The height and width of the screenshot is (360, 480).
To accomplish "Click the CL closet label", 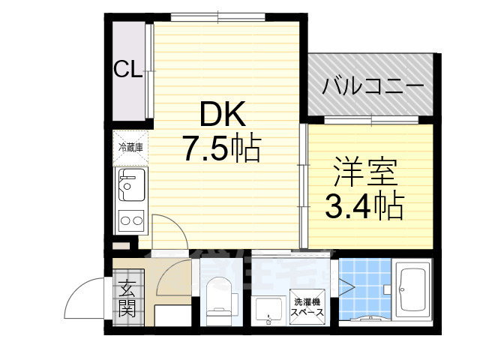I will point(127,70).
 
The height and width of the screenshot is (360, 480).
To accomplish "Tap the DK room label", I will point(221,115).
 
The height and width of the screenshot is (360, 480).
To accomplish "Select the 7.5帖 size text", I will point(221,148).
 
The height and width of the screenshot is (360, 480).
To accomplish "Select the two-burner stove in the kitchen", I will point(130,220).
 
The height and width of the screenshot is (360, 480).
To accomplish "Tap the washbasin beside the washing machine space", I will point(268,309).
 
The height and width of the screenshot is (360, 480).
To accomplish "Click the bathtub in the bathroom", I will point(413,291).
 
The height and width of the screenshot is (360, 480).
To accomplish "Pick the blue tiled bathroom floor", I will point(364,287).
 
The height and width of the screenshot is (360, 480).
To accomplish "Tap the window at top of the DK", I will point(217,16).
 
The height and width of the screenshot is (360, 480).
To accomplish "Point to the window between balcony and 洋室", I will point(371,120).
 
